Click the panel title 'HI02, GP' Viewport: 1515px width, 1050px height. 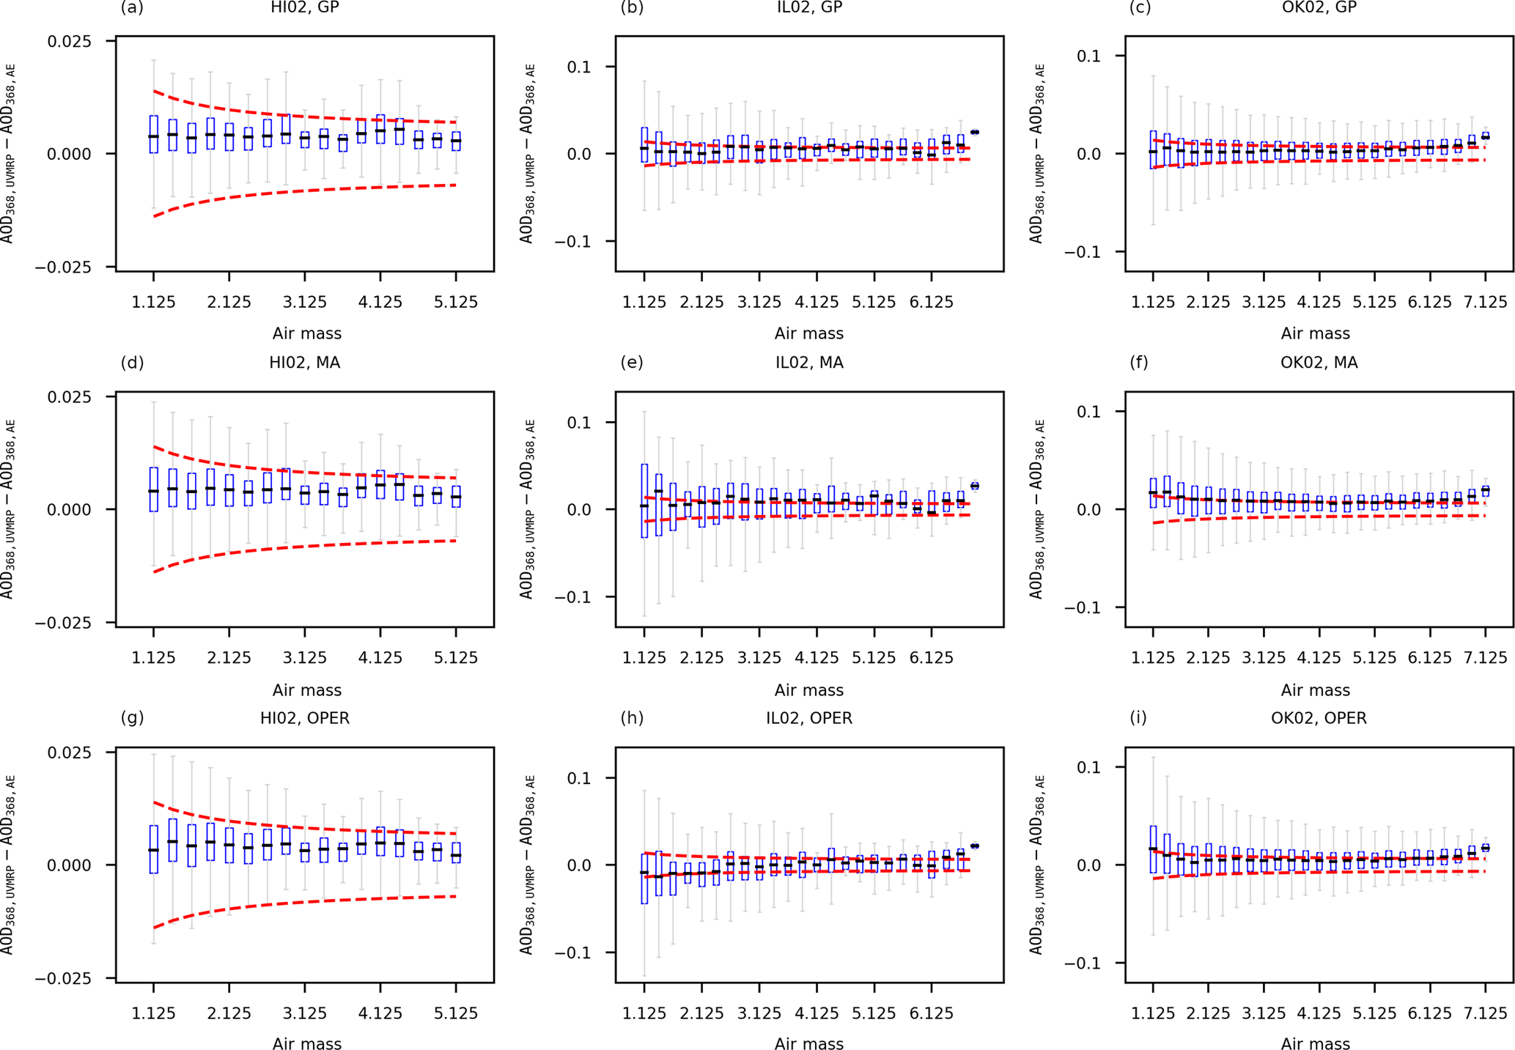click(304, 8)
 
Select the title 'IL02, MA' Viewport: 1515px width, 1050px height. click(809, 363)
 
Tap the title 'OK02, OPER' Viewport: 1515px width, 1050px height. click(1319, 718)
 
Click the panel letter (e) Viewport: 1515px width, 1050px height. click(631, 363)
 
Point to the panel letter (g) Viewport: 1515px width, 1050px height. click(132, 718)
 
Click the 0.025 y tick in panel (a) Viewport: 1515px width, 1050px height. click(70, 41)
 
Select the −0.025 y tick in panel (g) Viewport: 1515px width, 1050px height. click(64, 979)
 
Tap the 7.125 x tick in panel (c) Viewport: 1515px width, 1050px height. click(1485, 302)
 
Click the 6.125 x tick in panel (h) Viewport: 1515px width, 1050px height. click(931, 1013)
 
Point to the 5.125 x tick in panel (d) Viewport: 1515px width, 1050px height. click(456, 658)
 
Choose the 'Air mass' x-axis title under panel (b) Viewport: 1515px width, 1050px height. click(809, 333)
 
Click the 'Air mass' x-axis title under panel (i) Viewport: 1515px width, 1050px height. click(1315, 1043)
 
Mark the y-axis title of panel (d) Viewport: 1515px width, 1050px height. click(9, 509)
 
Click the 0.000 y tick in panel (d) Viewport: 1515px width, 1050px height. click(70, 509)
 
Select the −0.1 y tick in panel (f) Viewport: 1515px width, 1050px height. click(1085, 607)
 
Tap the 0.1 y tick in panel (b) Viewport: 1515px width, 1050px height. click(583, 67)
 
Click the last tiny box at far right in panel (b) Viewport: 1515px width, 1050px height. click(974, 132)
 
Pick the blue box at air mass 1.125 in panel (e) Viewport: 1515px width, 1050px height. click(644, 501)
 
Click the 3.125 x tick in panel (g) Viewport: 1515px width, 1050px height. click(305, 1013)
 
